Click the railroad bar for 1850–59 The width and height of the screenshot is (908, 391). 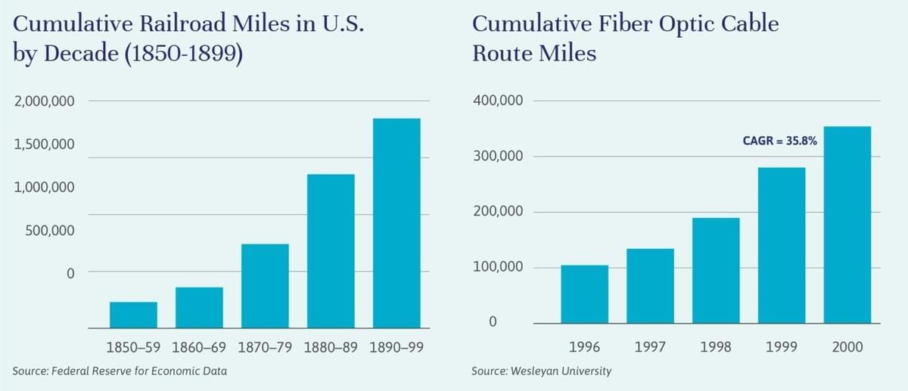pyautogui.click(x=133, y=315)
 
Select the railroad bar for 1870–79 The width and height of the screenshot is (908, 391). pyautogui.click(x=265, y=286)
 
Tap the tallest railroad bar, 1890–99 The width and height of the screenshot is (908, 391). pyautogui.click(x=396, y=223)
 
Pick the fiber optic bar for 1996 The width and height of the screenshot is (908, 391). pyautogui.click(x=584, y=293)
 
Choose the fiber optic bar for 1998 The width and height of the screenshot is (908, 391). pyautogui.click(x=716, y=270)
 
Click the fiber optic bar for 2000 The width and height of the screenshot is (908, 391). pyautogui.click(x=847, y=225)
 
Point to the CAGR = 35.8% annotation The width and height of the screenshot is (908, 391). pyautogui.click(x=779, y=140)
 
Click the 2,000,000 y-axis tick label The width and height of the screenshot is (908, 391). pyautogui.click(x=43, y=101)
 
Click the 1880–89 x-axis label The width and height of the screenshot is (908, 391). pyautogui.click(x=331, y=348)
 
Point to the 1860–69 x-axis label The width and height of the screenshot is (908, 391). pyautogui.click(x=199, y=348)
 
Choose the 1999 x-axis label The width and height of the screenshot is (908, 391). pyautogui.click(x=782, y=347)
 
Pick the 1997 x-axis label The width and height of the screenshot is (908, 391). pyautogui.click(x=650, y=347)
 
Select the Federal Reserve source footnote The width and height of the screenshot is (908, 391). pyautogui.click(x=120, y=371)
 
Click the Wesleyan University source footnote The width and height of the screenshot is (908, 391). pyautogui.click(x=541, y=371)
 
